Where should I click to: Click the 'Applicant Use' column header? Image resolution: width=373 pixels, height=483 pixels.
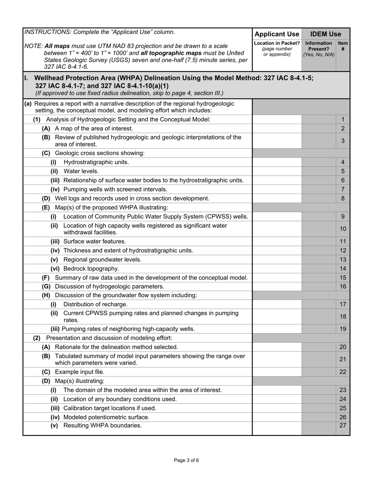[277, 34]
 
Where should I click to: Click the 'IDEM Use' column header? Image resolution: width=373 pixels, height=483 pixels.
[325, 34]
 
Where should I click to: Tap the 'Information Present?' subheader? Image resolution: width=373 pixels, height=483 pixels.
[318, 49]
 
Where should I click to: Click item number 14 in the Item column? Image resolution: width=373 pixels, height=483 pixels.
[343, 269]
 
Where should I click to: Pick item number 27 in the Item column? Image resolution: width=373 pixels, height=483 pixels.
[343, 426]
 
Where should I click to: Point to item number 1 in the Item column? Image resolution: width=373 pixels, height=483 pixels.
[343, 119]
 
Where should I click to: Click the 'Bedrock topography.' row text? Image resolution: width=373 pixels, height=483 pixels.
[91, 269]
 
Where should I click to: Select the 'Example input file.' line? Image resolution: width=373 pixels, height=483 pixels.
[80, 372]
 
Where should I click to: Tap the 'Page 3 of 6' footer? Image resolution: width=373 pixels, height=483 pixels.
[186, 461]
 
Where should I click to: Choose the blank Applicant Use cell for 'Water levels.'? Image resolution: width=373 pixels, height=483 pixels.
[277, 171]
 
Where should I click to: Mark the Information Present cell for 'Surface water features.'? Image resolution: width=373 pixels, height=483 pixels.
[318, 241]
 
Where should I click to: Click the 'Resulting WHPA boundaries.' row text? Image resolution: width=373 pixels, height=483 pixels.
[102, 426]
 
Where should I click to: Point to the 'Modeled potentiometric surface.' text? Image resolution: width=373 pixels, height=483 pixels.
[106, 417]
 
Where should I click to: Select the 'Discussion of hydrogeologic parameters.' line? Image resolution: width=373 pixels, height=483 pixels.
[110, 287]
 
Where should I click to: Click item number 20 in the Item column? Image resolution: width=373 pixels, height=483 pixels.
[343, 347]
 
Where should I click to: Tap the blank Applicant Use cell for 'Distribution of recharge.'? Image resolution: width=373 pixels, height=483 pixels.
[277, 304]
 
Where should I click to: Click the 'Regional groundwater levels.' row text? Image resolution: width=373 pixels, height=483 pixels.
[102, 260]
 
